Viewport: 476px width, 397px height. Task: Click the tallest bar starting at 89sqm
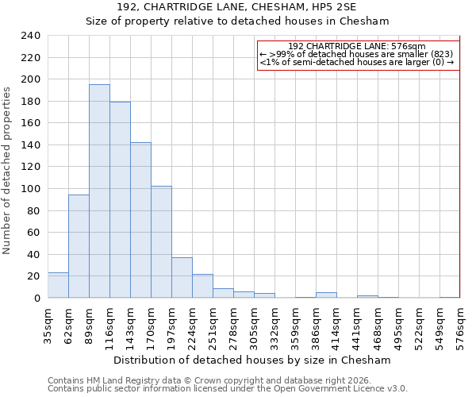[99, 191]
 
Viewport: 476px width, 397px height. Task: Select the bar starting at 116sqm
[120, 200]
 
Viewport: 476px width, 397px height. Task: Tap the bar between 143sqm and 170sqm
[140, 220]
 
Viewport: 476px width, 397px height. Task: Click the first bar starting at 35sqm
[58, 285]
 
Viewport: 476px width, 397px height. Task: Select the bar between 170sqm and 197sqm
[161, 242]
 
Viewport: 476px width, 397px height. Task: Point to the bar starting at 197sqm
[182, 278]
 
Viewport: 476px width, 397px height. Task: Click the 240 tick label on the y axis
[31, 36]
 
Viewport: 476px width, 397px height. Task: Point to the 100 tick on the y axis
[31, 189]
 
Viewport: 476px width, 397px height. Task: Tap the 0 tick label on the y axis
[36, 299]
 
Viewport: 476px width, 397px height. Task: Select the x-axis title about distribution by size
[252, 360]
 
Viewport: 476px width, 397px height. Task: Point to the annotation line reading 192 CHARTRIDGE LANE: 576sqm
[357, 46]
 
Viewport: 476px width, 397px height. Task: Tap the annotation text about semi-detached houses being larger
[357, 62]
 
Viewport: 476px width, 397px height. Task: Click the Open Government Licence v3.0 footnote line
[228, 389]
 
